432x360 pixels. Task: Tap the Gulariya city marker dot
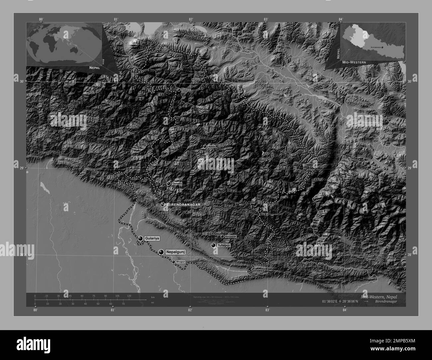(x=141, y=238)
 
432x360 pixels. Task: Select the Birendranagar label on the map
(x=183, y=205)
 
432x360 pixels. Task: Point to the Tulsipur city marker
(x=213, y=245)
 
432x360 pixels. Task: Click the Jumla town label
(x=211, y=146)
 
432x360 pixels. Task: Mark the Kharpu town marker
(x=203, y=80)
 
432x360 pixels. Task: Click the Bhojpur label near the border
(x=181, y=262)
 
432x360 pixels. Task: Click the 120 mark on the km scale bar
(x=129, y=296)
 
